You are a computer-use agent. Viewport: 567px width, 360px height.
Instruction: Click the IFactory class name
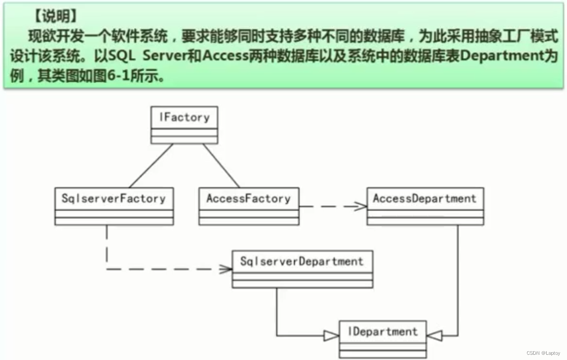(184, 117)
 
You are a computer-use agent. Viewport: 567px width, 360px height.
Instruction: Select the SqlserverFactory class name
(114, 199)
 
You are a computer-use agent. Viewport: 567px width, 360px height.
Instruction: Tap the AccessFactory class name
(248, 199)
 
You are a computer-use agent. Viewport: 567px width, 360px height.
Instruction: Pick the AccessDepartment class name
(425, 199)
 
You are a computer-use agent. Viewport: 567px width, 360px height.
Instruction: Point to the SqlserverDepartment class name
(302, 261)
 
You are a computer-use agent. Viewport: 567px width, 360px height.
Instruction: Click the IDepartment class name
(383, 332)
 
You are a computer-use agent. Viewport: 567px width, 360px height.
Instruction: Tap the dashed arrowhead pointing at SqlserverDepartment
(226, 269)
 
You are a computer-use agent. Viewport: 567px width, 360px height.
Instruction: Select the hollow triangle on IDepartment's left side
(332, 335)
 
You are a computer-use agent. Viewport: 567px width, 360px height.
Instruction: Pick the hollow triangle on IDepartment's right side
(434, 335)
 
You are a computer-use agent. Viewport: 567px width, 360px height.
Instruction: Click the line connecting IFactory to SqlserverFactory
(151, 166)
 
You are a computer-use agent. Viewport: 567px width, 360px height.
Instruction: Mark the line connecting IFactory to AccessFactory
(221, 166)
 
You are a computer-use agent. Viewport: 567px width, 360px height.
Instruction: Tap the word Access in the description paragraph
(225, 56)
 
